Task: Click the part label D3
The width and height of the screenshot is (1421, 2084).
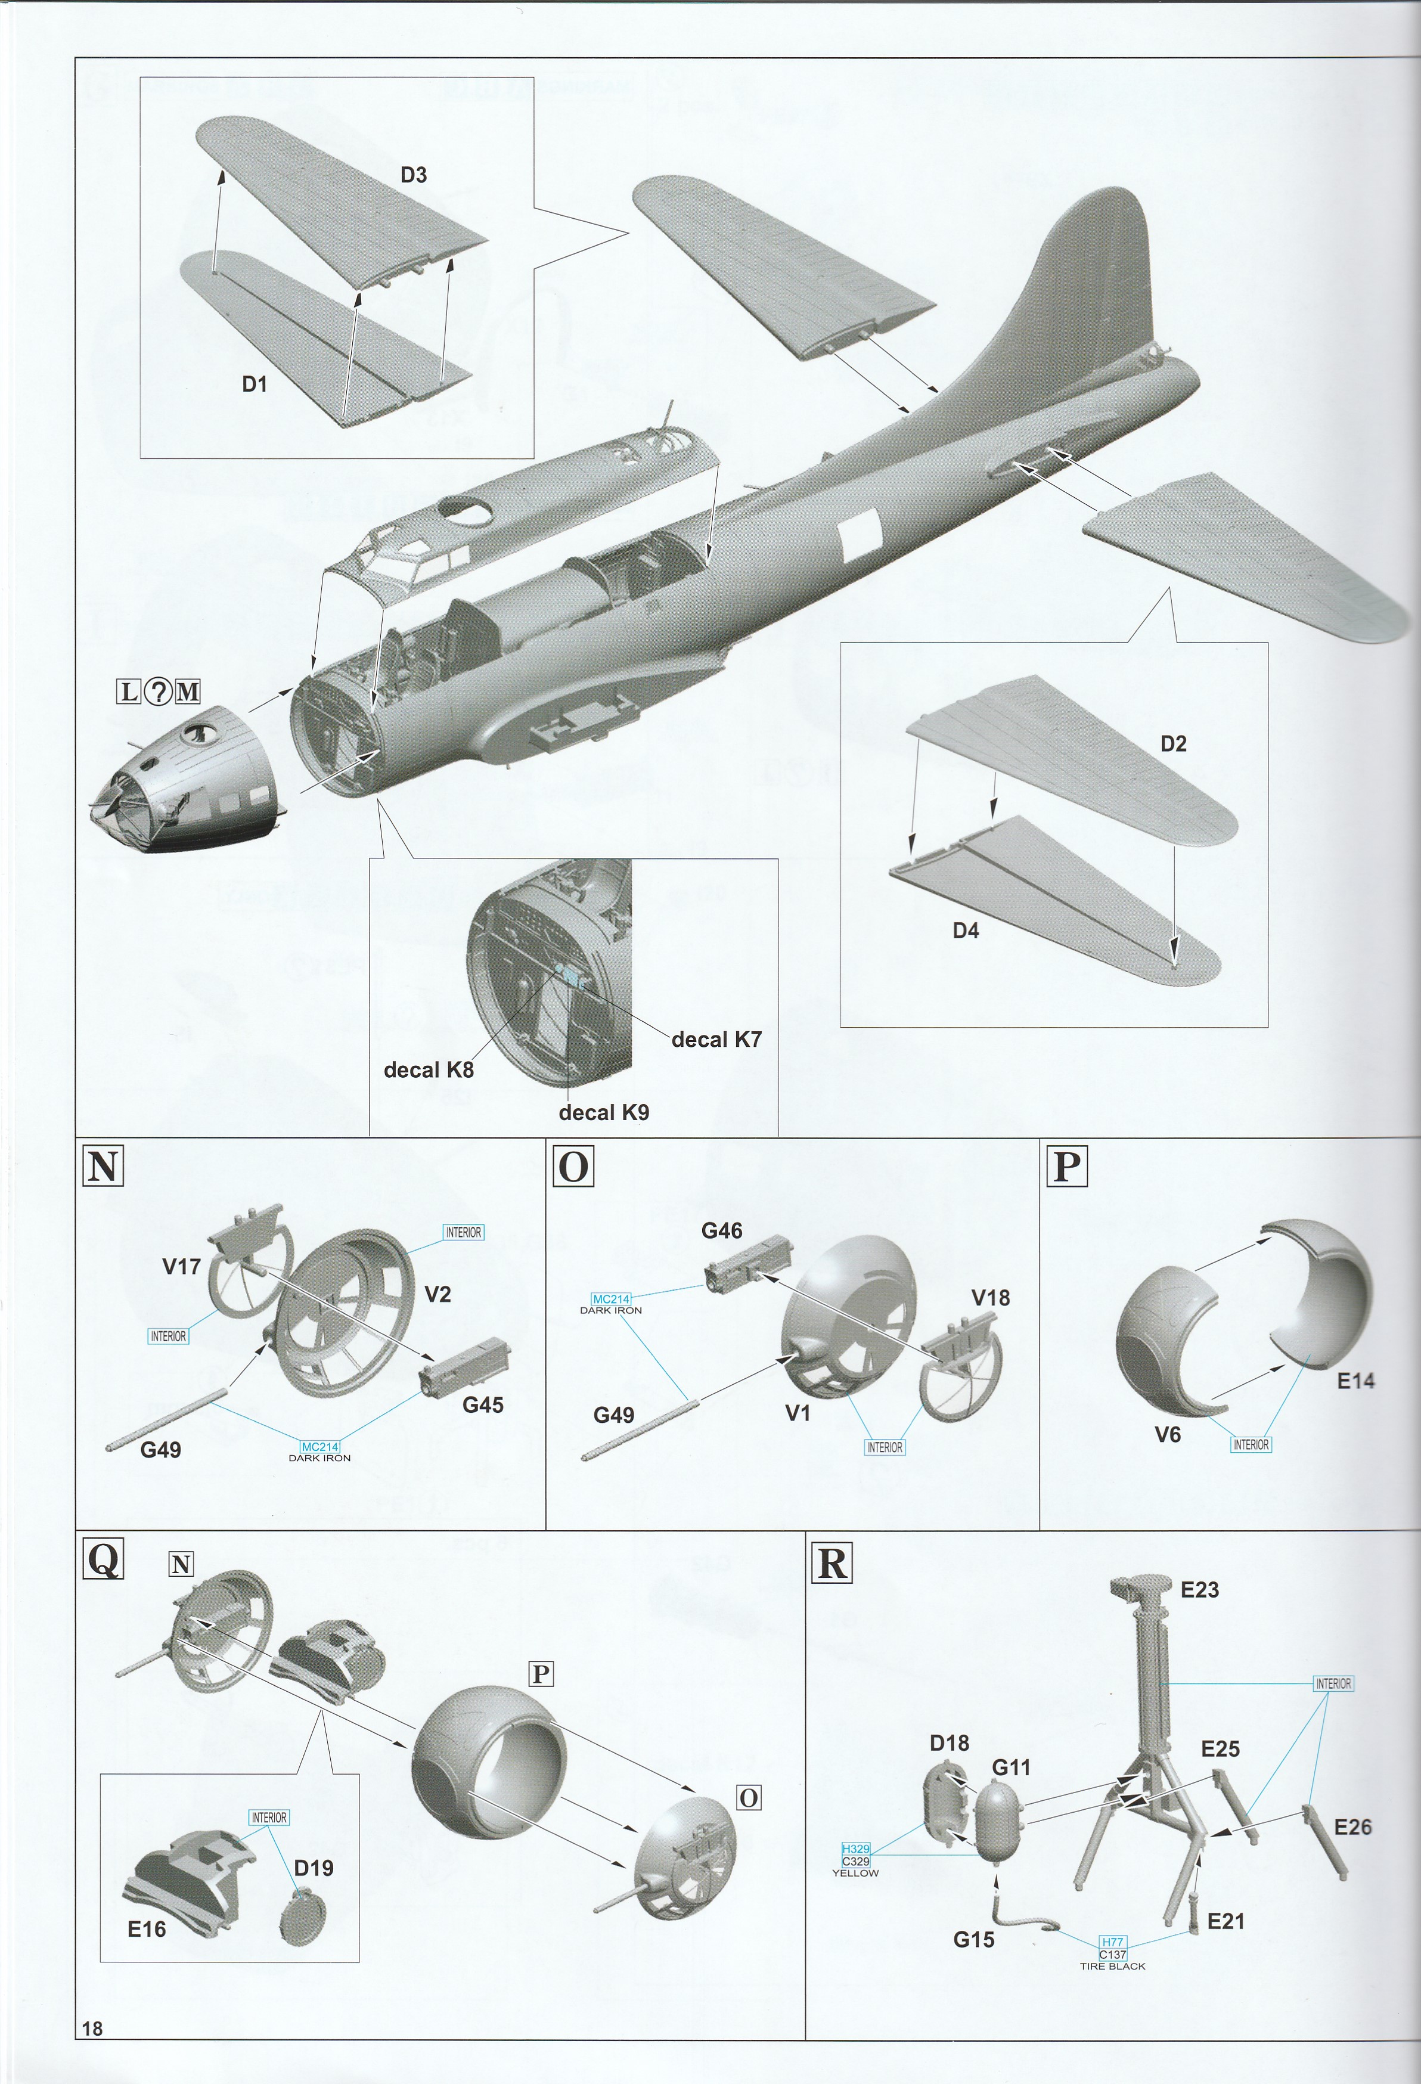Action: [413, 175]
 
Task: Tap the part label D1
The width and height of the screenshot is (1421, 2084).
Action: [255, 384]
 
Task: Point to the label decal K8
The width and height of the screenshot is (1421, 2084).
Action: [429, 1070]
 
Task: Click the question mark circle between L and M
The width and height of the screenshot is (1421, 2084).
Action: [159, 691]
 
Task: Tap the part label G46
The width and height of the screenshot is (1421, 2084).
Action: [722, 1230]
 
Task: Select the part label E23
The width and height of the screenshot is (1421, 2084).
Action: [1199, 1590]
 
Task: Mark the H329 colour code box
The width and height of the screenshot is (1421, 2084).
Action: [855, 1848]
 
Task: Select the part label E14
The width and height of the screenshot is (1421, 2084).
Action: [1355, 1381]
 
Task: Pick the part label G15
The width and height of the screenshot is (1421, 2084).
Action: [973, 1940]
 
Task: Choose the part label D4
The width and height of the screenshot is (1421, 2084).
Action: [966, 931]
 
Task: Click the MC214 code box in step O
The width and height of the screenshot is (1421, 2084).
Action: [612, 1298]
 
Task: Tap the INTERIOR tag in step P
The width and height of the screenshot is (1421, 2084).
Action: [1251, 1444]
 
